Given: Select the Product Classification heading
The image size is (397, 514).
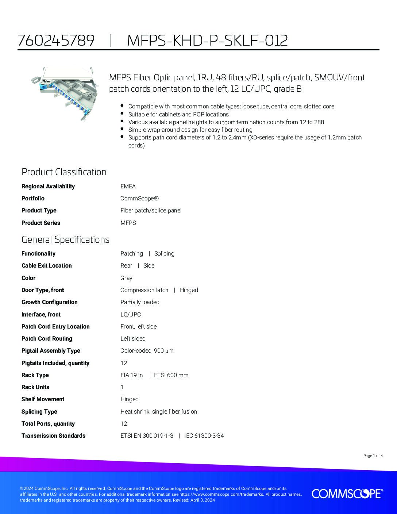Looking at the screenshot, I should pyautogui.click(x=64, y=172).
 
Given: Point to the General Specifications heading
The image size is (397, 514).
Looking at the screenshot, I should pyautogui.click(x=65, y=239).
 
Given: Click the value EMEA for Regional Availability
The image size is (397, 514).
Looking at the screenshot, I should pyautogui.click(x=128, y=186).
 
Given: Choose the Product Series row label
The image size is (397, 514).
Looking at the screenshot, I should pyautogui.click(x=41, y=223).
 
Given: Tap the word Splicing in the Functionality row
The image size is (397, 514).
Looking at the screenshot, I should pyautogui.click(x=164, y=253).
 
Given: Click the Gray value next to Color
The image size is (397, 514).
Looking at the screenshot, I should pyautogui.click(x=126, y=278).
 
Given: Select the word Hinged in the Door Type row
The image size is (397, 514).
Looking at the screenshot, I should pyautogui.click(x=189, y=290).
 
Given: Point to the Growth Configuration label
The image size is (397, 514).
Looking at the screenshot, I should pyautogui.click(x=50, y=302).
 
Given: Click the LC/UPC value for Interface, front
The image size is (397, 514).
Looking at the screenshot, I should pyautogui.click(x=131, y=314).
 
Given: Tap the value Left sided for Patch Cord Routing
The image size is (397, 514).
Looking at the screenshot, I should pyautogui.click(x=133, y=338).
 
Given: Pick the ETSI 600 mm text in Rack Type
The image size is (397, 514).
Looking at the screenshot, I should pyautogui.click(x=171, y=375).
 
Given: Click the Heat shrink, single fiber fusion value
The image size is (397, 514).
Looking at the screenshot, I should pyautogui.click(x=159, y=411).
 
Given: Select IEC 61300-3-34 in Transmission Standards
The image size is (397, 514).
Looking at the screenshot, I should pyautogui.click(x=204, y=436).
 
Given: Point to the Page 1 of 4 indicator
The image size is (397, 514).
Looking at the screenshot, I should pyautogui.click(x=373, y=456).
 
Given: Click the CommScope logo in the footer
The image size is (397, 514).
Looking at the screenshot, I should pyautogui.click(x=347, y=494).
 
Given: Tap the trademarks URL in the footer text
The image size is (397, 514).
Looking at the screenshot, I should pyautogui.click(x=221, y=494).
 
